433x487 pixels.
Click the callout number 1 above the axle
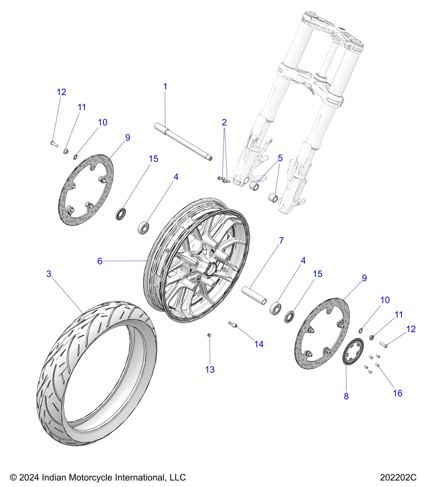(165, 87)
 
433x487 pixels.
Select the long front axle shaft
(183, 142)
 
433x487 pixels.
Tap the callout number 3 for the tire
(49, 274)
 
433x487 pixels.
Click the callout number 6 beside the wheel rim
(100, 261)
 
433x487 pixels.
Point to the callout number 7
(281, 240)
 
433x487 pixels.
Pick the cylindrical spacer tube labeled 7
(254, 295)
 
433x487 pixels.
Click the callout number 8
(346, 396)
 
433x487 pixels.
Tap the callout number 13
(210, 370)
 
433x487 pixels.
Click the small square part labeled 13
(209, 335)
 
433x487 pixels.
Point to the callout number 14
(259, 344)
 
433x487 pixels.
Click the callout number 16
(398, 394)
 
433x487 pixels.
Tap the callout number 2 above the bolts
(224, 123)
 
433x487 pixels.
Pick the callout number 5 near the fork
(280, 158)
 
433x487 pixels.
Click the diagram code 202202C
(398, 477)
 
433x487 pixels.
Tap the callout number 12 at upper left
(61, 92)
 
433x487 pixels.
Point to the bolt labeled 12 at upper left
(54, 144)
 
